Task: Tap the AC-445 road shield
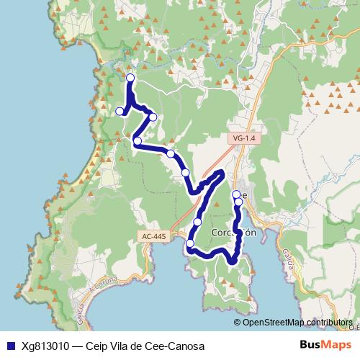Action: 153,235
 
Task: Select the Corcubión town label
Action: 234,233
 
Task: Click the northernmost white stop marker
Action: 130,78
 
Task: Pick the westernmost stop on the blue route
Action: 120,111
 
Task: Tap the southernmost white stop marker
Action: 190,244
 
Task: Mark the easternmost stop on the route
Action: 238,202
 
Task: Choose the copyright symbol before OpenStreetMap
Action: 238,322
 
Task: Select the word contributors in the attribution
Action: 329,322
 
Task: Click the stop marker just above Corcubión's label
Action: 197,222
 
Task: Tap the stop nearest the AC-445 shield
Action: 190,244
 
